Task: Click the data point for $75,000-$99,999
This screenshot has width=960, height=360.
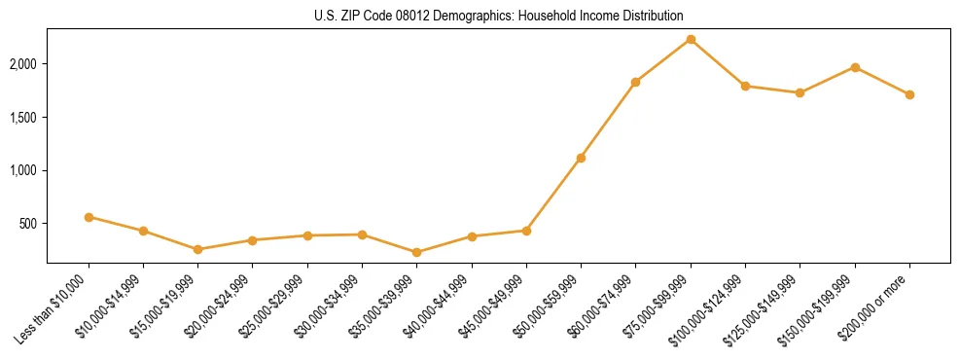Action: [x=691, y=39]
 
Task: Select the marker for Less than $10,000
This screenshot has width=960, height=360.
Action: [x=89, y=217]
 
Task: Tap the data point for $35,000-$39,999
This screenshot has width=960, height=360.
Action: [x=417, y=252]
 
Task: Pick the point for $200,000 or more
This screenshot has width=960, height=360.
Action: [x=909, y=94]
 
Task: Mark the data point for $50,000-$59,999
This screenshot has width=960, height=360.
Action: [x=581, y=158]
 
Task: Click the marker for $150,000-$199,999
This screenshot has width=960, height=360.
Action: [x=855, y=67]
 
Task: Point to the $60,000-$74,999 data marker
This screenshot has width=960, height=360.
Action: [x=635, y=82]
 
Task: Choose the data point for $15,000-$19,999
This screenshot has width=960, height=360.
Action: [x=198, y=249]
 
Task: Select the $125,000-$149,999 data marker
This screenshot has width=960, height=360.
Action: [x=800, y=92]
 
